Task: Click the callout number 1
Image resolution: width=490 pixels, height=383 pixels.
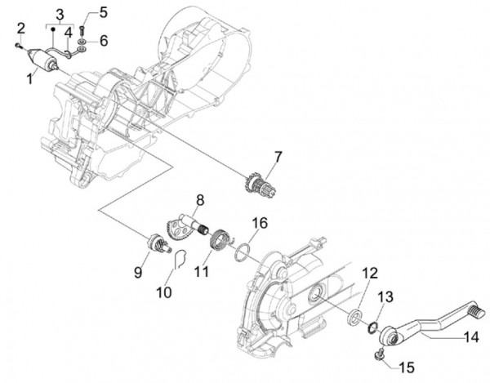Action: click(x=29, y=77)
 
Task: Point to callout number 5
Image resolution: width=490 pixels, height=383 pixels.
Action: click(x=103, y=11)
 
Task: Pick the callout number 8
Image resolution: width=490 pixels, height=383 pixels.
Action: click(x=199, y=199)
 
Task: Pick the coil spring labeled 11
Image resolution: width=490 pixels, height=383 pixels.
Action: click(x=217, y=242)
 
